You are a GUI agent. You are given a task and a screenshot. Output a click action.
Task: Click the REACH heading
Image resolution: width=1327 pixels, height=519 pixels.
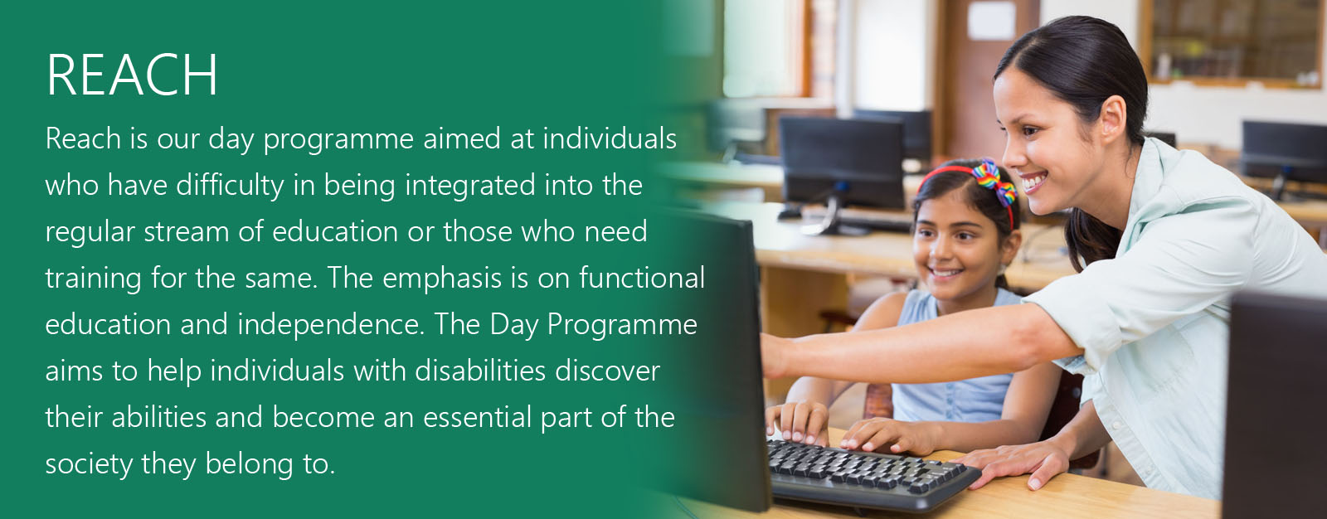[x=132, y=75]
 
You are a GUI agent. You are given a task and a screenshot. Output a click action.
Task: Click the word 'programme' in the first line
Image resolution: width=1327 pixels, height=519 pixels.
[x=338, y=140]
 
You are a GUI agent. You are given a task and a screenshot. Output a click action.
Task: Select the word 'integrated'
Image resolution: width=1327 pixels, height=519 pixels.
[x=470, y=186]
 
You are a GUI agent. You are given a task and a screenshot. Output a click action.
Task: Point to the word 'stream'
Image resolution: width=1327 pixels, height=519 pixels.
[x=187, y=231]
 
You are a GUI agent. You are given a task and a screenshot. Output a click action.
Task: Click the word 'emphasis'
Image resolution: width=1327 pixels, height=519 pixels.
[x=442, y=279]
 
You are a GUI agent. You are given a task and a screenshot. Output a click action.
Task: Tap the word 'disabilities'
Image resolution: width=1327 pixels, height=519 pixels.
[x=480, y=371]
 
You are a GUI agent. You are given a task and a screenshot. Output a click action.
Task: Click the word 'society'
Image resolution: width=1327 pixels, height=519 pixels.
[x=89, y=464]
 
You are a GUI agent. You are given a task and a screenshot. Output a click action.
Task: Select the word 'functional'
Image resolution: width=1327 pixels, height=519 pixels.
[x=642, y=278]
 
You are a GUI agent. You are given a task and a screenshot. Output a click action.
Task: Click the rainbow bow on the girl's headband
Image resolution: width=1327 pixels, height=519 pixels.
[x=994, y=180]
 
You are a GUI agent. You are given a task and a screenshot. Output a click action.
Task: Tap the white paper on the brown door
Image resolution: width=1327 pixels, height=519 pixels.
[x=992, y=20]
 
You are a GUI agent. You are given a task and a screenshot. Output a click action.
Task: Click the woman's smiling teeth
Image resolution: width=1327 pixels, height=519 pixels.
[x=1034, y=180]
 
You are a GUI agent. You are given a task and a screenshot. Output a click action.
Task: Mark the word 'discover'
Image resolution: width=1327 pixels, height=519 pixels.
[x=608, y=371]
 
